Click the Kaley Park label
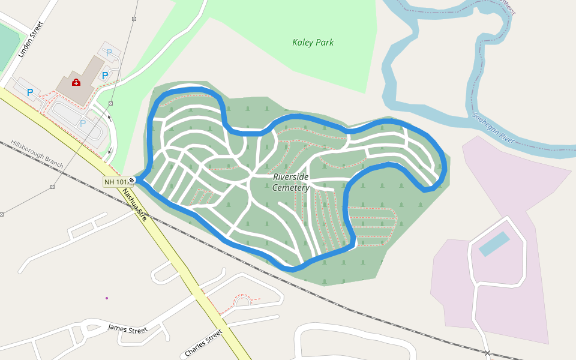point(313,43)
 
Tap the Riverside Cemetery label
point(291,182)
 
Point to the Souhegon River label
point(493,127)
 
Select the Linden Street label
point(31,40)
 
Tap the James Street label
point(127,329)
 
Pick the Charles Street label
point(204,341)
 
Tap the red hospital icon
point(76,82)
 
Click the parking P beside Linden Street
point(29,92)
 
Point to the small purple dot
point(107,298)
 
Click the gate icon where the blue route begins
point(131,179)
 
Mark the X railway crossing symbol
point(488,353)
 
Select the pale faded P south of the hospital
point(83,123)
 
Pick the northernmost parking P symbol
point(109,53)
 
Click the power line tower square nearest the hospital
point(110,103)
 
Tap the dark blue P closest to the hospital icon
point(105,76)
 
